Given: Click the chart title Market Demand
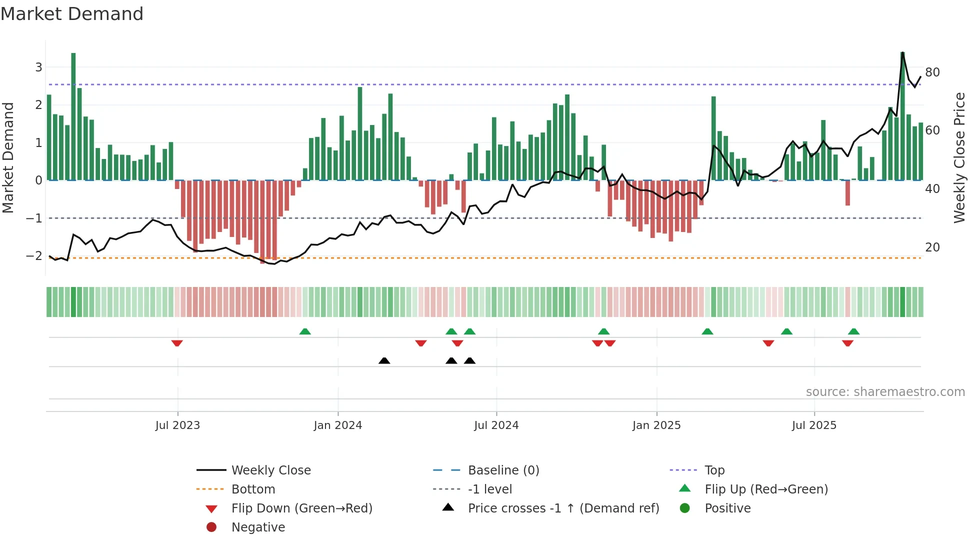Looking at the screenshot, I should (72, 14).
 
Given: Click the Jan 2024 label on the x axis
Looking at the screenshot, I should (337, 425).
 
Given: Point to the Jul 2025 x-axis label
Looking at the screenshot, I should (813, 425).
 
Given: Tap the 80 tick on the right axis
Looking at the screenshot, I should (932, 72).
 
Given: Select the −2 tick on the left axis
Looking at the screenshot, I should (34, 256).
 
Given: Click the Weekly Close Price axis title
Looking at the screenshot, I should (959, 157).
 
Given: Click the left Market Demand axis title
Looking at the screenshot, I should (8, 157).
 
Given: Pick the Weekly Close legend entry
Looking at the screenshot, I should (270, 470).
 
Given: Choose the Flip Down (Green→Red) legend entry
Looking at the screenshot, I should (301, 508).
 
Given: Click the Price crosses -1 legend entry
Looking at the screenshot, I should (563, 508).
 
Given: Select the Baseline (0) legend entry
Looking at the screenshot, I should (503, 470).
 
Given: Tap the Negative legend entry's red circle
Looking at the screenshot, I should (211, 527).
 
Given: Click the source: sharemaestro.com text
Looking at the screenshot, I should (885, 392).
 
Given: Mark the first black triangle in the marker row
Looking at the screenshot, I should (384, 360).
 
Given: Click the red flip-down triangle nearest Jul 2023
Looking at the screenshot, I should (177, 343).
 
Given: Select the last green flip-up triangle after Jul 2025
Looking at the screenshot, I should (853, 331).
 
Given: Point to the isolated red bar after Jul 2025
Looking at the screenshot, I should (847, 193).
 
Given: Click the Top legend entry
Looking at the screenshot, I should (714, 470).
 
